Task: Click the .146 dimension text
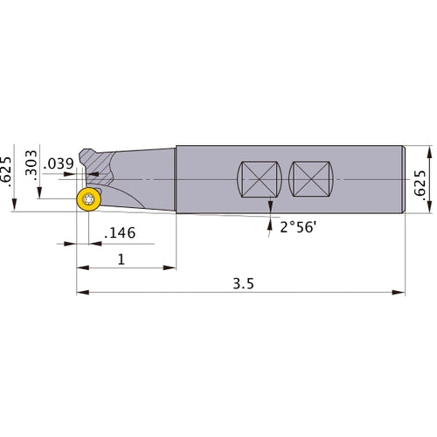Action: (119, 234)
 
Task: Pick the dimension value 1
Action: (121, 260)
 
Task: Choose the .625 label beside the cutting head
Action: (8, 171)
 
